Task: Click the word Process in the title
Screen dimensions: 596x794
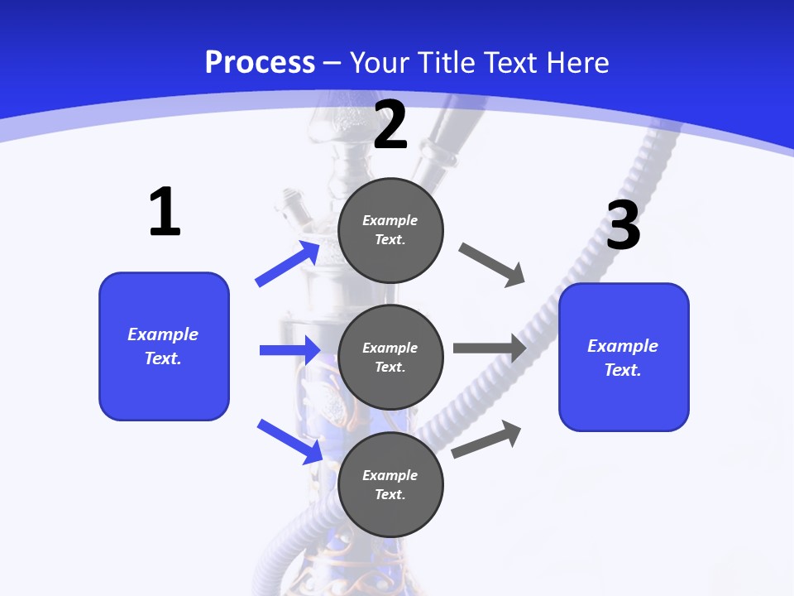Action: pos(260,63)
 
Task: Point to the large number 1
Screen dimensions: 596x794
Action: pos(165,213)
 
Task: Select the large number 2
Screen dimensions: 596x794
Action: pos(390,125)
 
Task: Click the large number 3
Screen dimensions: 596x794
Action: pos(623,226)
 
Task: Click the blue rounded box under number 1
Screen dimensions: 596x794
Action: pos(164,346)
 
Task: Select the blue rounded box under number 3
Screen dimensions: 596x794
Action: pos(624,357)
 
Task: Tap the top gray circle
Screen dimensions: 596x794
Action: pos(390,230)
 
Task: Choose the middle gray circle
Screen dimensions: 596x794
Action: pos(390,357)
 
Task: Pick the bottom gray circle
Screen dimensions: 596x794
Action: pos(390,484)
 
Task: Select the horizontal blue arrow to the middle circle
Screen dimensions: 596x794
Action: pos(289,350)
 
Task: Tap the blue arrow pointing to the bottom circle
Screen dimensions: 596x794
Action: pos(289,441)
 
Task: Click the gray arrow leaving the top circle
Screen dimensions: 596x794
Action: pos(491,265)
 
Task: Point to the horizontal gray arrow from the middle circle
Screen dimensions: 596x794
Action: pos(490,348)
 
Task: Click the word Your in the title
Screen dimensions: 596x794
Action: pos(375,63)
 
